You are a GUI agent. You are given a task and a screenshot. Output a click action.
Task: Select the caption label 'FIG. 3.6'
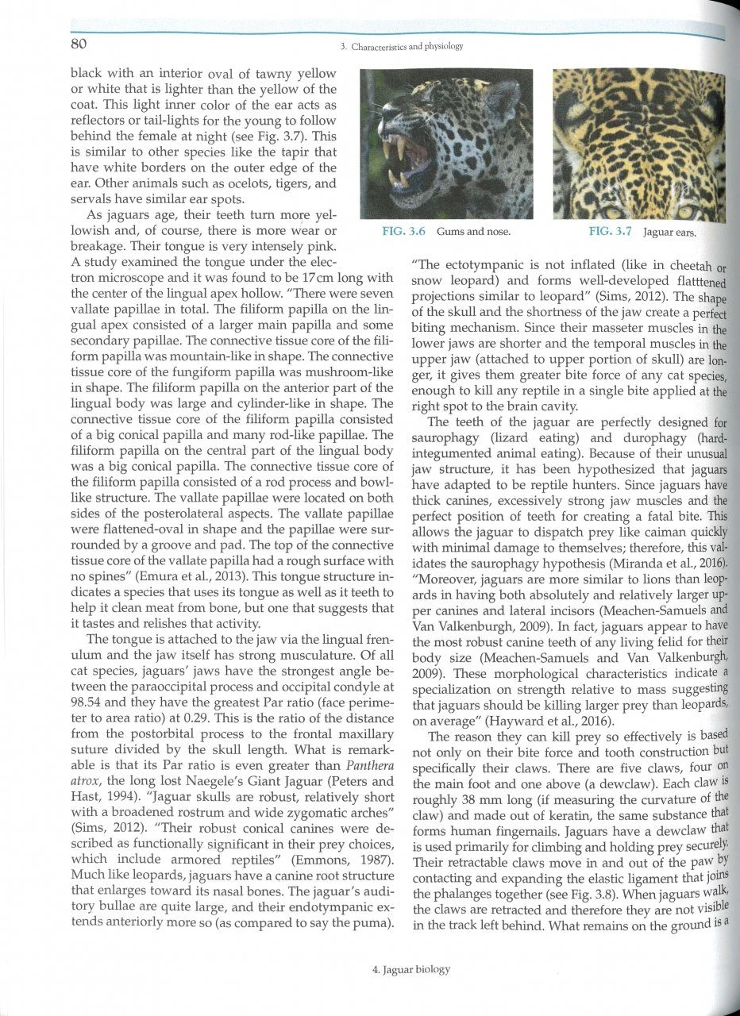401,232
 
